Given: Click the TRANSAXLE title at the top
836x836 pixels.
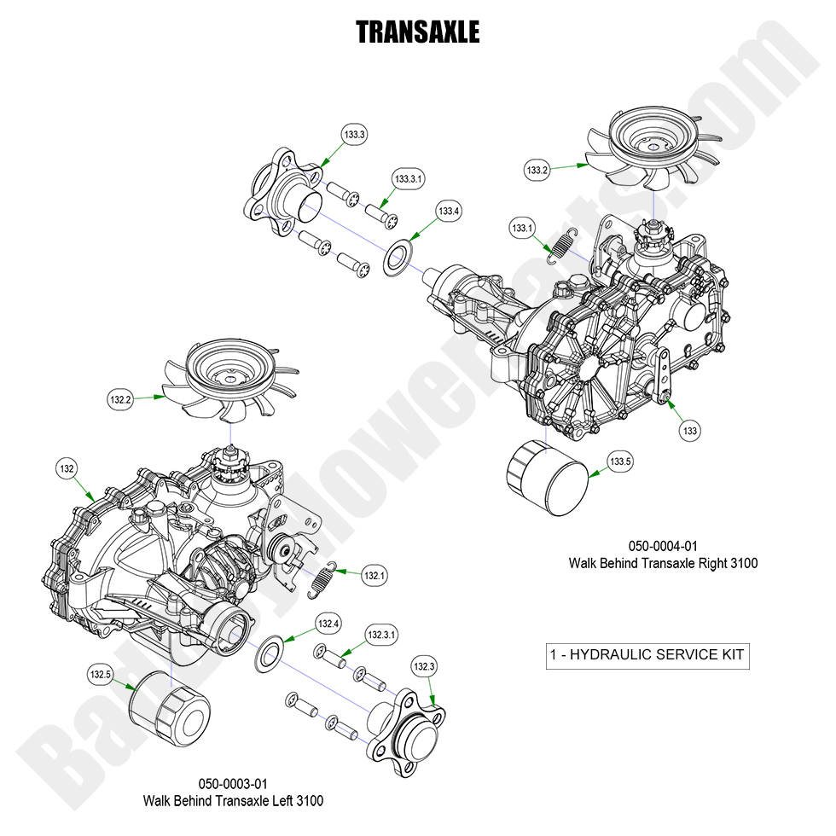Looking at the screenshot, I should point(417,32).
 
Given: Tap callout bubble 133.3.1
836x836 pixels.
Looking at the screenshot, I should point(409,180).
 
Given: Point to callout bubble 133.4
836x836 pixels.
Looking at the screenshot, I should point(449,211).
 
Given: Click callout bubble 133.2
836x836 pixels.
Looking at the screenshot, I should point(537,170).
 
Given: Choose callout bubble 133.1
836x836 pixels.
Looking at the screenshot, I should point(522,228).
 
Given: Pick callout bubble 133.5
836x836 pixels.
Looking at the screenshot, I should point(620,462).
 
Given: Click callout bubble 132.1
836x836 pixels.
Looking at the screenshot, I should point(374,575).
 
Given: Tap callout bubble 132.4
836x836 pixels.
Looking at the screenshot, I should point(328,624).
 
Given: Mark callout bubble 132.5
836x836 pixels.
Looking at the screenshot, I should point(100,675).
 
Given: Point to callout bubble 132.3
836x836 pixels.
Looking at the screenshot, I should point(424,665).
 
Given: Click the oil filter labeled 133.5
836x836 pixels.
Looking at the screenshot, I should point(548,478).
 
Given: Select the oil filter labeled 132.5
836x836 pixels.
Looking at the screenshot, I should point(169,707).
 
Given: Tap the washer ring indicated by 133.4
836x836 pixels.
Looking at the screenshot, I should point(397,258).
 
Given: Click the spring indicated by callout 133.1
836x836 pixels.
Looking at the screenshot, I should point(562,246).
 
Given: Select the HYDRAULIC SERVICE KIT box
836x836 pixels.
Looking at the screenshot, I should point(647,655).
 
